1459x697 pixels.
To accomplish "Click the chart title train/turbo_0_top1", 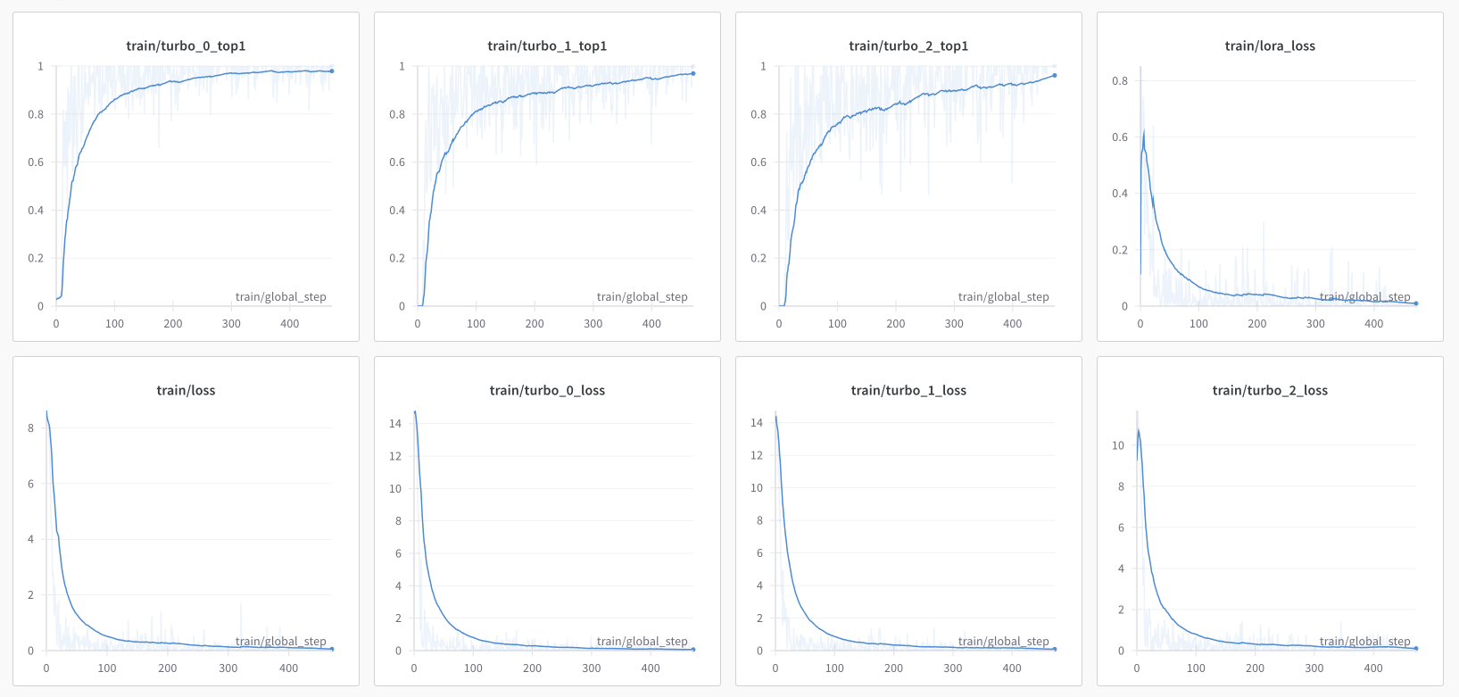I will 186,46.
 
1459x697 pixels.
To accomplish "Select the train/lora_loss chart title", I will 1270,46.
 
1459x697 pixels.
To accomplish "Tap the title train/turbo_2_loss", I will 1270,390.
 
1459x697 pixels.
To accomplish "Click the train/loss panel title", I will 186,390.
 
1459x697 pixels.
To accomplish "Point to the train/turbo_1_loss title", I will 908,390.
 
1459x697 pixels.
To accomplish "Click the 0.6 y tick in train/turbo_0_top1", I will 36,162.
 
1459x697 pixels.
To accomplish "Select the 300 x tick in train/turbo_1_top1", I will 593,324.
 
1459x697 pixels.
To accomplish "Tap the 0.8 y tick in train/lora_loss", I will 1120,81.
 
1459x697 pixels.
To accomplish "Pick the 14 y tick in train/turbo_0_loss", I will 395,424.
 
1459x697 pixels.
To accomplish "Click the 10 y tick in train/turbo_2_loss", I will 1118,445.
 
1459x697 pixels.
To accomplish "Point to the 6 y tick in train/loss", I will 31,484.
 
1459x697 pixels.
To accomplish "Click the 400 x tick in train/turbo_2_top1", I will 1013,324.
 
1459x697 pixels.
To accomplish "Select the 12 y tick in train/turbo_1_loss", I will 757,455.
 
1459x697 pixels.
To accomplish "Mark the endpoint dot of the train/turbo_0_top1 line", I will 332,71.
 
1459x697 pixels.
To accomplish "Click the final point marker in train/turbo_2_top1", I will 1055,76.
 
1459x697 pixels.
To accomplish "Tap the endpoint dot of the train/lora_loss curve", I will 1416,303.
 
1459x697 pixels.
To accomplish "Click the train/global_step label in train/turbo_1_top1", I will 642,297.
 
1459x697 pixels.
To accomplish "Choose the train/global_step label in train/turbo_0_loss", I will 642,642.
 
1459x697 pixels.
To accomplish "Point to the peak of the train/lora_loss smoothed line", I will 1144,131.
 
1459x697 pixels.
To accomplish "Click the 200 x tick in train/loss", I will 168,668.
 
